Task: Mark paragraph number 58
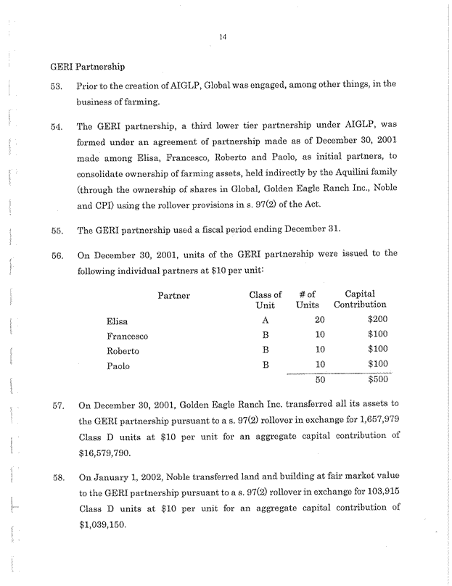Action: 55,479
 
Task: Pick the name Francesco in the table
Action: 128,336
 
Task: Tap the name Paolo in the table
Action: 118,366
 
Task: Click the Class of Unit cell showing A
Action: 266,320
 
